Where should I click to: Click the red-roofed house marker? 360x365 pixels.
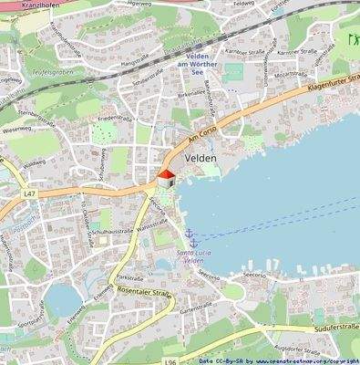click(165, 179)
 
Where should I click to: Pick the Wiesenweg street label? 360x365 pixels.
click(17, 130)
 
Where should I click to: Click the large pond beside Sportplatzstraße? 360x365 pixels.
click(61, 297)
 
